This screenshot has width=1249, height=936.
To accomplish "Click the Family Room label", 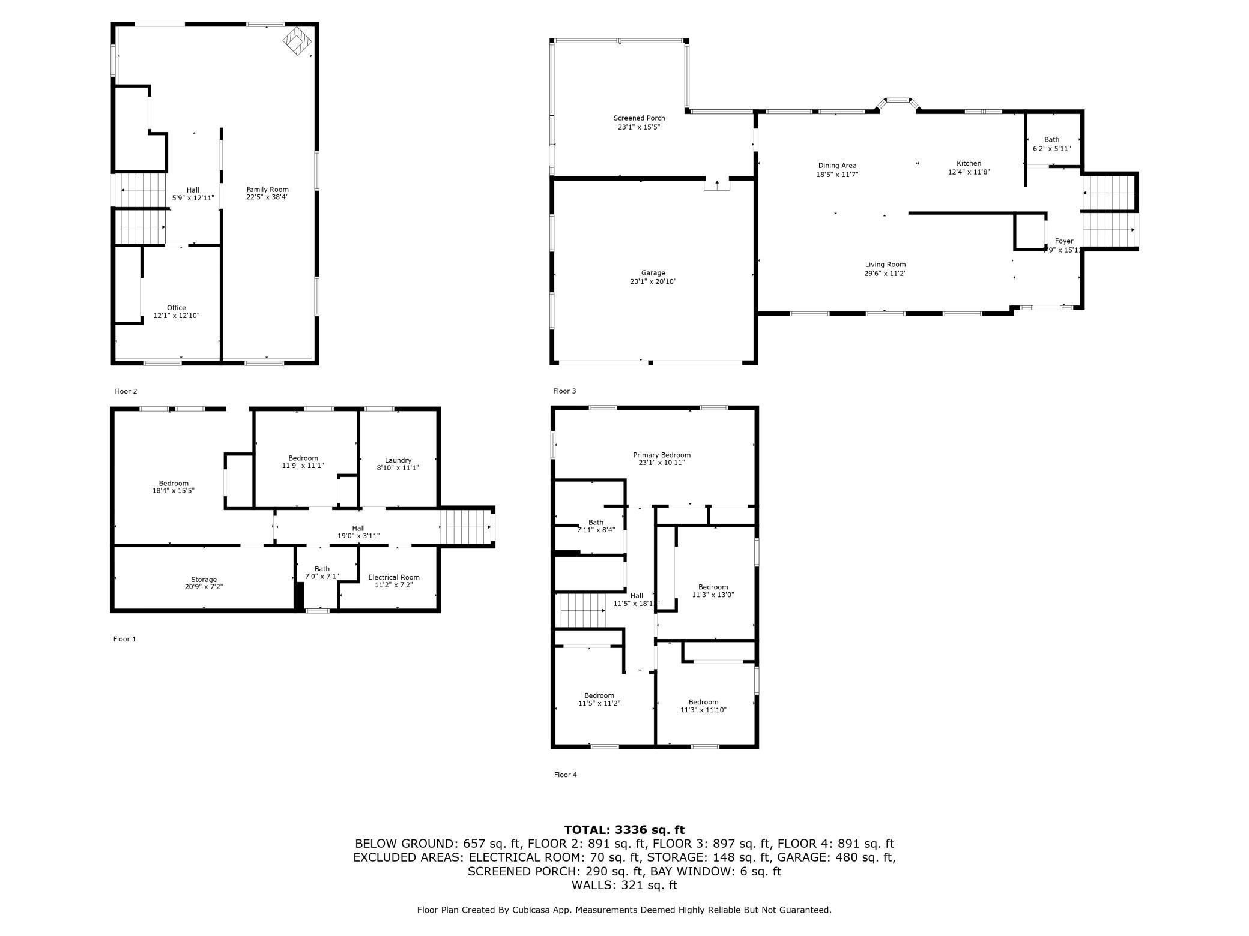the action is [267, 190].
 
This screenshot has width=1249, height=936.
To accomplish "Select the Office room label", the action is [177, 308].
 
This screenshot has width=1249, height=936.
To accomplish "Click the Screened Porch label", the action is [639, 118].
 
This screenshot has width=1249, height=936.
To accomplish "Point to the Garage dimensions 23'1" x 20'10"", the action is [653, 281].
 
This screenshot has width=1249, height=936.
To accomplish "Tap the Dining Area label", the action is [837, 166].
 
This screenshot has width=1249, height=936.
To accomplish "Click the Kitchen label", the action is [969, 163].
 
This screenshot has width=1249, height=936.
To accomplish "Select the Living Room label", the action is [885, 265].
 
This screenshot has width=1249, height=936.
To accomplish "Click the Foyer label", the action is [1064, 241].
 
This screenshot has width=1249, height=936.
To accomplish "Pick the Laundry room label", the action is [398, 460].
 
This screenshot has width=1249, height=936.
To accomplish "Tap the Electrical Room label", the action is [394, 577].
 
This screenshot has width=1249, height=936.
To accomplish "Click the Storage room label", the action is [204, 580].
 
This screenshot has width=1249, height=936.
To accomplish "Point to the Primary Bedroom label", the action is [662, 455].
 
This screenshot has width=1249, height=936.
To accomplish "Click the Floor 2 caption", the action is [126, 391].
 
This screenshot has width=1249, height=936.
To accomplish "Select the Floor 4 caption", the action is [566, 775].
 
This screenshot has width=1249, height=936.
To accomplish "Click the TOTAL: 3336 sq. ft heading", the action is [624, 830].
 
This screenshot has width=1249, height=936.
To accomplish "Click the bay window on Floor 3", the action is [898, 104].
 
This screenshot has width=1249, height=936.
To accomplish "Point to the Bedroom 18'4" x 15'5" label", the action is [174, 487].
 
